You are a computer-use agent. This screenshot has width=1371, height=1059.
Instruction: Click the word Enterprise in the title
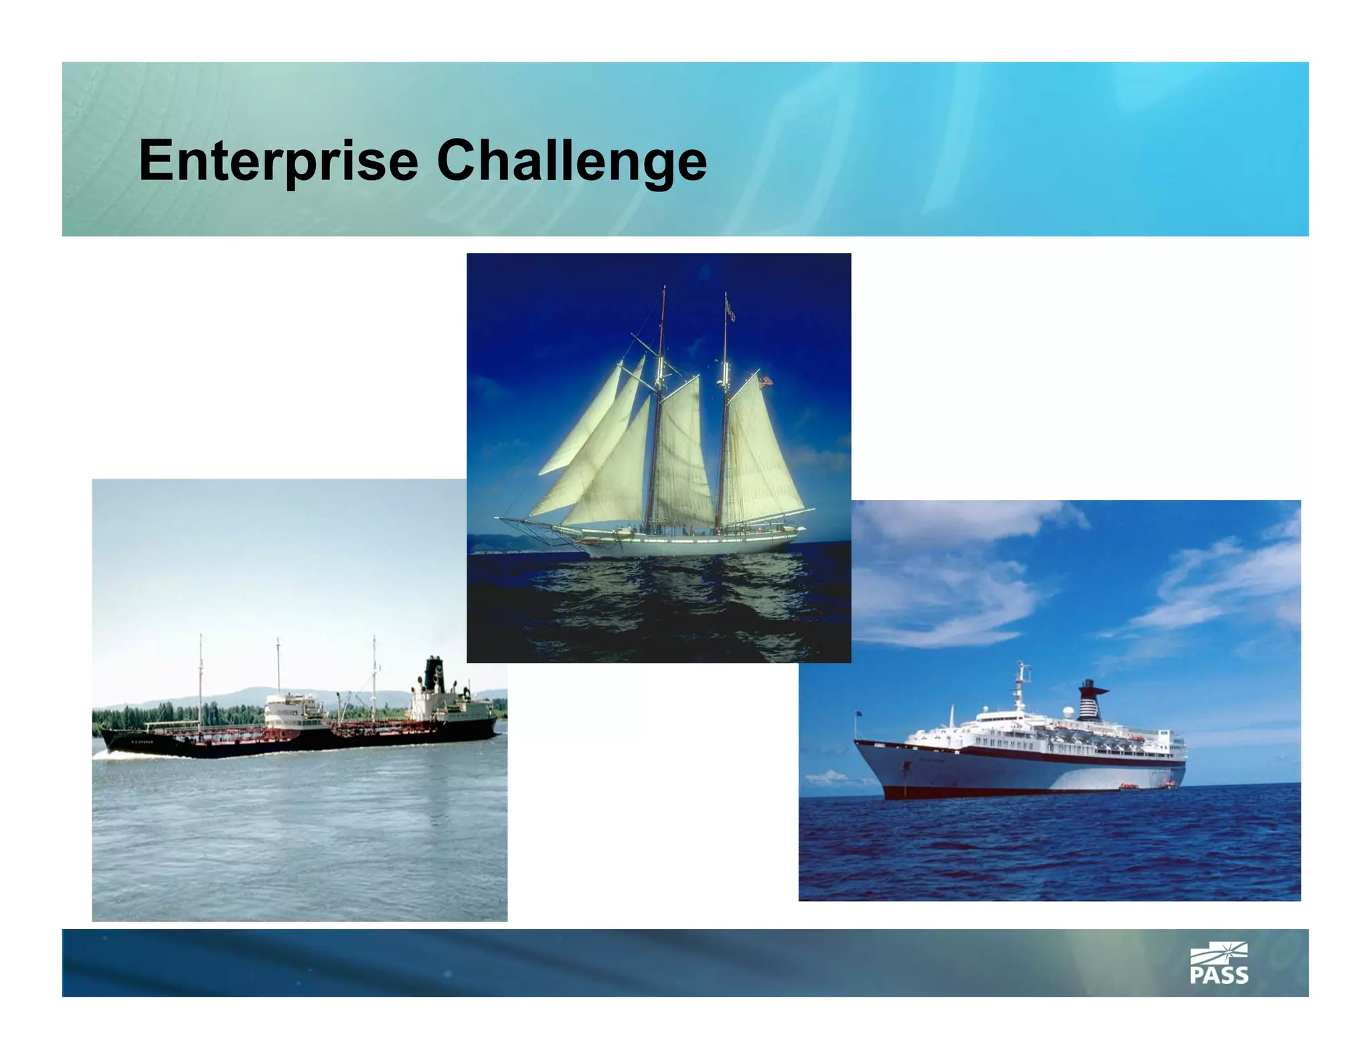pos(278,161)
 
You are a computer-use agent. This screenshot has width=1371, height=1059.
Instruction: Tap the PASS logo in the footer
pos(1218,963)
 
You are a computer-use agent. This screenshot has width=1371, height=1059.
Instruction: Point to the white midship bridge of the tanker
pos(292,710)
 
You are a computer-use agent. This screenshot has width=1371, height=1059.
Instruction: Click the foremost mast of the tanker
pos(200,676)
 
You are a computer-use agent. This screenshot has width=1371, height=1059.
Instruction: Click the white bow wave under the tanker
pos(107,754)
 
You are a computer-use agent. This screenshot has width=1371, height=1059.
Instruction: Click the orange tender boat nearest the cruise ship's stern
pos(1170,783)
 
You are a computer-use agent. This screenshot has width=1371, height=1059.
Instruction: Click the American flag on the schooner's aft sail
pos(765,381)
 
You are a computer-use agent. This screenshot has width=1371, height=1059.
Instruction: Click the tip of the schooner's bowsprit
pos(499,517)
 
